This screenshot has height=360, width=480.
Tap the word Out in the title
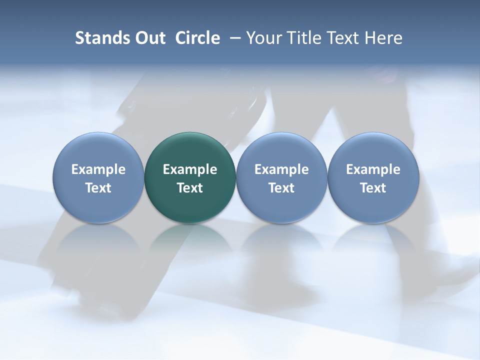pyautogui.click(x=149, y=38)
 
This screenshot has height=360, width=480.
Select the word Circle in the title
pyautogui.click(x=197, y=38)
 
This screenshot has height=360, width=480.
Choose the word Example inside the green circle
pyautogui.click(x=190, y=169)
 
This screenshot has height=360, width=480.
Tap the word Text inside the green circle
pyautogui.click(x=190, y=188)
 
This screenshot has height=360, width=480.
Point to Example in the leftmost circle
pyautogui.click(x=98, y=169)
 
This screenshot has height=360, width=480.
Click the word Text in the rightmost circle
pyautogui.click(x=373, y=188)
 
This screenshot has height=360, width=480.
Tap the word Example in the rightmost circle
pyautogui.click(x=373, y=169)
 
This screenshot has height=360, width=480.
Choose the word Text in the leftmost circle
pyautogui.click(x=98, y=188)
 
